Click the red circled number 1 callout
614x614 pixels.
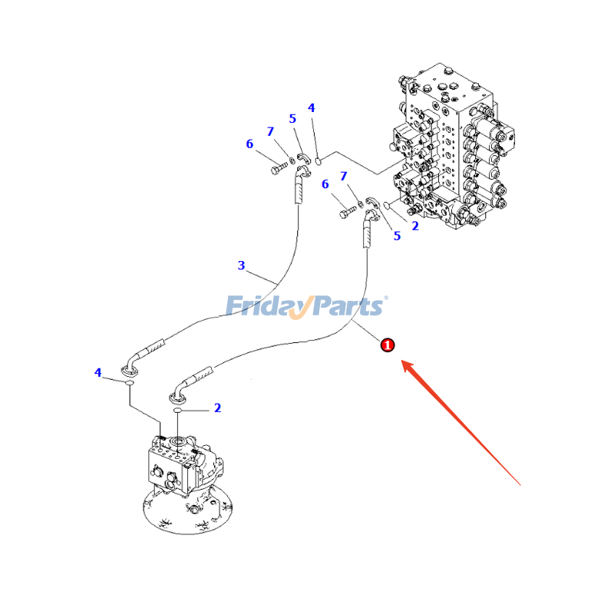pyautogui.click(x=388, y=345)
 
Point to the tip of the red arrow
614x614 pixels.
pyautogui.click(x=402, y=361)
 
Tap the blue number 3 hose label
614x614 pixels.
pyautogui.click(x=241, y=266)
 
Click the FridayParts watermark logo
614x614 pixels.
pyautogui.click(x=306, y=306)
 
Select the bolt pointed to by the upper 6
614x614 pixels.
pyautogui.click(x=279, y=169)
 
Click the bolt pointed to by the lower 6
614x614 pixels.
pyautogui.click(x=348, y=213)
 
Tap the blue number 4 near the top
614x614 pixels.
pyautogui.click(x=312, y=107)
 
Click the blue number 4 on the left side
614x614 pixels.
pyautogui.click(x=98, y=372)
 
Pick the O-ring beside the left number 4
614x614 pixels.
pyautogui.click(x=129, y=383)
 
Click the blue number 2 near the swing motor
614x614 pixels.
pyautogui.click(x=218, y=408)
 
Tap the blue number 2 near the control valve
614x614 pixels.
pyautogui.click(x=415, y=226)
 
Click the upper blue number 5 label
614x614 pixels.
pyautogui.click(x=292, y=119)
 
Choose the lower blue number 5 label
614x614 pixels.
pyautogui.click(x=397, y=236)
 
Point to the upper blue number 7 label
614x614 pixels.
pyautogui.click(x=271, y=131)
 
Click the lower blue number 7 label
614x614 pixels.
pyautogui.click(x=344, y=177)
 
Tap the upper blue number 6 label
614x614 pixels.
pyautogui.click(x=249, y=144)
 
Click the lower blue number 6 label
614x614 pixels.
pyautogui.click(x=325, y=184)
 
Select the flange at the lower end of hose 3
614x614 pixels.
pyautogui.click(x=128, y=369)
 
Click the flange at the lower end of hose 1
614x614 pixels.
pyautogui.click(x=178, y=398)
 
